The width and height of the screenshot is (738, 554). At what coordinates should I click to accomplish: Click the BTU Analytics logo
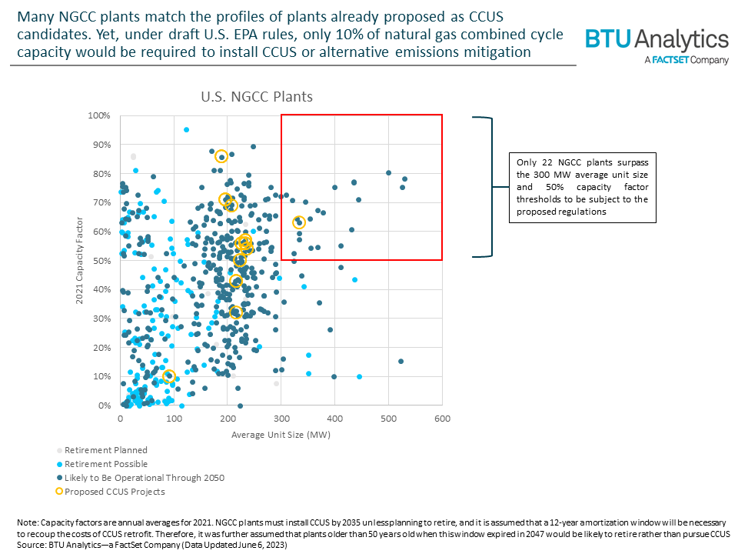click(x=657, y=40)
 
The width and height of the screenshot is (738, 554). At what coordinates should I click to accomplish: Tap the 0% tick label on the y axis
click(x=105, y=405)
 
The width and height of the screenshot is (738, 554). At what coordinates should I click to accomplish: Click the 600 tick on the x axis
click(x=442, y=419)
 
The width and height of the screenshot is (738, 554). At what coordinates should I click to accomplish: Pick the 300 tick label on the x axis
click(x=281, y=419)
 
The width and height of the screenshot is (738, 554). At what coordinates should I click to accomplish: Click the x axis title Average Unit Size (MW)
click(x=281, y=435)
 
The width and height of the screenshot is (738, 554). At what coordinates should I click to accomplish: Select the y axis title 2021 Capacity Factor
click(x=79, y=260)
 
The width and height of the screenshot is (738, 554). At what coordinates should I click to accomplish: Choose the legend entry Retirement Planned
click(x=105, y=450)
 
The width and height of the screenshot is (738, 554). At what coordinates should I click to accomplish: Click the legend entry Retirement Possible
click(x=105, y=464)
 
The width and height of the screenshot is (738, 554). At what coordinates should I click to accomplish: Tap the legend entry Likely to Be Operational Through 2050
click(x=144, y=478)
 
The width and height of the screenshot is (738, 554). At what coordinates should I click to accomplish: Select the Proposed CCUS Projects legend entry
click(x=115, y=492)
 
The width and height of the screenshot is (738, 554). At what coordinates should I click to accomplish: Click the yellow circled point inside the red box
click(x=299, y=222)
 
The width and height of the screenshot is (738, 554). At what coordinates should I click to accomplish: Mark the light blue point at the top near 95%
click(x=186, y=130)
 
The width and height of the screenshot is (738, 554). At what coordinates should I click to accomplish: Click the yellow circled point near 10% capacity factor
click(x=169, y=376)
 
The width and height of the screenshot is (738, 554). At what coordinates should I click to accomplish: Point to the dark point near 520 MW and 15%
click(x=401, y=362)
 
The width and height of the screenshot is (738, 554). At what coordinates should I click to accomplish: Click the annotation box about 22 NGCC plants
click(x=583, y=187)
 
